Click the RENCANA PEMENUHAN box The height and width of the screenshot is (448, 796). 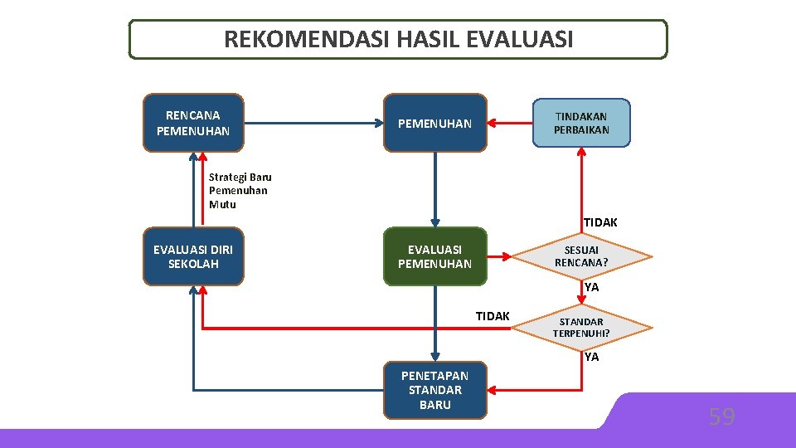pyautogui.click(x=193, y=123)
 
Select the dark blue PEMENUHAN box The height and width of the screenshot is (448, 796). pyautogui.click(x=434, y=124)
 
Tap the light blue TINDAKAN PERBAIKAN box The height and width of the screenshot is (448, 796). pyautogui.click(x=581, y=123)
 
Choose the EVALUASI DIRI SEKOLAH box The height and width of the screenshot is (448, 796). pyautogui.click(x=193, y=256)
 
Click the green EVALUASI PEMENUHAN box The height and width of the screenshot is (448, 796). pyautogui.click(x=434, y=256)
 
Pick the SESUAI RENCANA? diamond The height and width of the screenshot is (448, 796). pyautogui.click(x=581, y=256)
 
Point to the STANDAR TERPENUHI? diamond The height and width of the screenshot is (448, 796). pyautogui.click(x=581, y=328)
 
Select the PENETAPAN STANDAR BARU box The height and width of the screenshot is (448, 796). pyautogui.click(x=434, y=389)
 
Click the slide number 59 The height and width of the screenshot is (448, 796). pyautogui.click(x=721, y=416)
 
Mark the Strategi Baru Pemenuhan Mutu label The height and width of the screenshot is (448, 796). pyautogui.click(x=240, y=190)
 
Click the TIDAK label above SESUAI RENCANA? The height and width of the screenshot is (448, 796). pyautogui.click(x=599, y=222)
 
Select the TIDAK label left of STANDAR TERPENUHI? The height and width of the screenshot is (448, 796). pyautogui.click(x=493, y=315)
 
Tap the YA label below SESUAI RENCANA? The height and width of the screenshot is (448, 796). pyautogui.click(x=591, y=287)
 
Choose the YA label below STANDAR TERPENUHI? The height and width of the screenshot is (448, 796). pyautogui.click(x=591, y=358)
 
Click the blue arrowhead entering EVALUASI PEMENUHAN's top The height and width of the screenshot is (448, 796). pyautogui.click(x=434, y=222)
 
